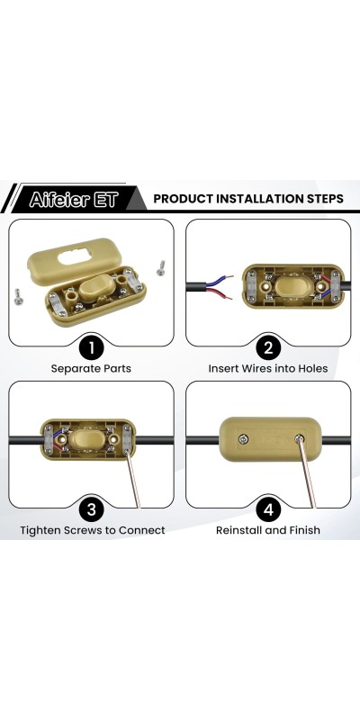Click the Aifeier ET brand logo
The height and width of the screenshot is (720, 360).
tap(74, 199)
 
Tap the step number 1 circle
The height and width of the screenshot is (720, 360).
tap(91, 347)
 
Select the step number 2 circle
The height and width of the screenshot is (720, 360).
tap(268, 347)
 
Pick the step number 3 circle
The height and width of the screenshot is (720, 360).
tap(91, 509)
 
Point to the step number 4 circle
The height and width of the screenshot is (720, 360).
tap(268, 509)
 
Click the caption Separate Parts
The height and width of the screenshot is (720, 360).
tap(91, 369)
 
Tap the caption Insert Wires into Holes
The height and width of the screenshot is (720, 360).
tap(268, 369)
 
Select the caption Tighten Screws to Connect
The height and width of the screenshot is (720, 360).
tap(93, 530)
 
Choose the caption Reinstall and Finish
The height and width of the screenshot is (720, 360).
tap(268, 530)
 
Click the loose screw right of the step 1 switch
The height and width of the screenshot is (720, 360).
tap(161, 267)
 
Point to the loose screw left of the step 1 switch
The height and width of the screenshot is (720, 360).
tap(18, 296)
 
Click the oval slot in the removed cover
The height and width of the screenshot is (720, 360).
tap(75, 257)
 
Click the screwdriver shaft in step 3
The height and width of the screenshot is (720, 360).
tap(133, 480)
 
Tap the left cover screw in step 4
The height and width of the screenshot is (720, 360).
tap(242, 439)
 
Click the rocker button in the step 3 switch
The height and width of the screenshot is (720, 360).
tap(86, 439)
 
